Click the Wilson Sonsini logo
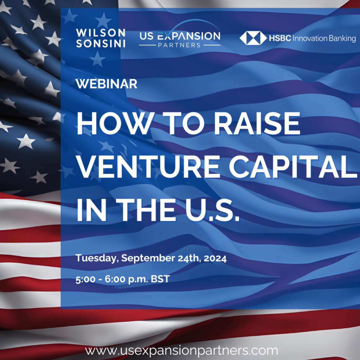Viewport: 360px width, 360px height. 101,38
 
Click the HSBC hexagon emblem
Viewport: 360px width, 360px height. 253,38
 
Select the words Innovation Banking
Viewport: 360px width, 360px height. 324,38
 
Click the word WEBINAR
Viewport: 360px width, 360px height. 107,84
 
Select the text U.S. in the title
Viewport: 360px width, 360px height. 212,210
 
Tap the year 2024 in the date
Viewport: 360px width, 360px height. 215,258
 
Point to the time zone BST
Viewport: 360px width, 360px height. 160,279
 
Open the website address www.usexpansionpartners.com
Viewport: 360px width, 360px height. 181,351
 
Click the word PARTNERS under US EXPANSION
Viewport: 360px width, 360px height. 179,45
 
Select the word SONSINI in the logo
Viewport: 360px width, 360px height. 101,43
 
